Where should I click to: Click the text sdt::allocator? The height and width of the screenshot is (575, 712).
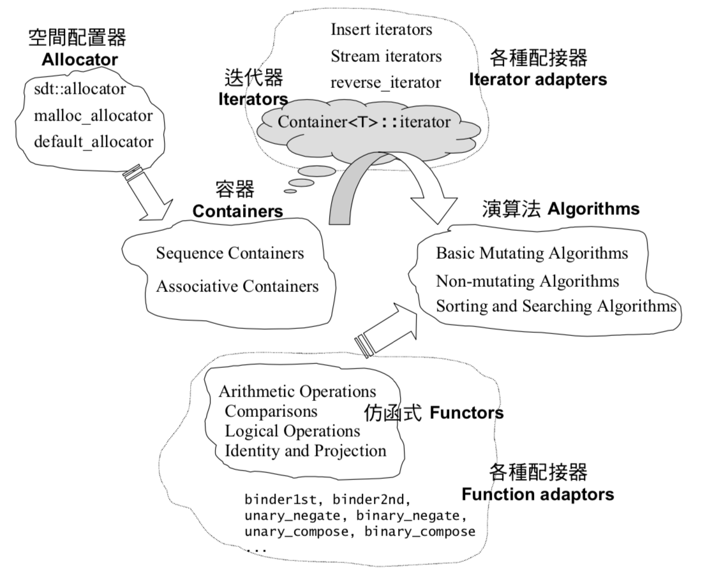click(x=80, y=88)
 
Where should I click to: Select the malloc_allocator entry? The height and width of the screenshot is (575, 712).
click(x=93, y=115)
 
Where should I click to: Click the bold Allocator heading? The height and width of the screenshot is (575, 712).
click(x=80, y=61)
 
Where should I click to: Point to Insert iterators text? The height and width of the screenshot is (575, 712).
click(x=382, y=29)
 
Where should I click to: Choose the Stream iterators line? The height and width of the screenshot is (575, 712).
click(x=386, y=56)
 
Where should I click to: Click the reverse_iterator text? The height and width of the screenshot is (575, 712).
click(x=386, y=83)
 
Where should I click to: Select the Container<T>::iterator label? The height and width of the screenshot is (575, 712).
click(x=364, y=122)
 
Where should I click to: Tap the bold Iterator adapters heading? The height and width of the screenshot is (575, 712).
click(x=538, y=80)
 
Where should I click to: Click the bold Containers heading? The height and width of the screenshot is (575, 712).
click(x=238, y=210)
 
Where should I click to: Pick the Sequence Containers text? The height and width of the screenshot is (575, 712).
click(x=230, y=254)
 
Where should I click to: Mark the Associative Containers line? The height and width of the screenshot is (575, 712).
click(x=237, y=286)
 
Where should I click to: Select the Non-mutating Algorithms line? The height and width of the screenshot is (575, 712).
click(x=528, y=280)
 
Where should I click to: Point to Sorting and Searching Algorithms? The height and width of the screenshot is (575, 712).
click(x=556, y=306)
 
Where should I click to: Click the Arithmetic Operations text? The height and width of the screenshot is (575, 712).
click(x=297, y=391)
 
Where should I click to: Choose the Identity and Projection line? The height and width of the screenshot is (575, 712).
click(x=306, y=451)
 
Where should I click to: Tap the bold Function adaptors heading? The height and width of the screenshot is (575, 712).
click(x=538, y=494)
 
